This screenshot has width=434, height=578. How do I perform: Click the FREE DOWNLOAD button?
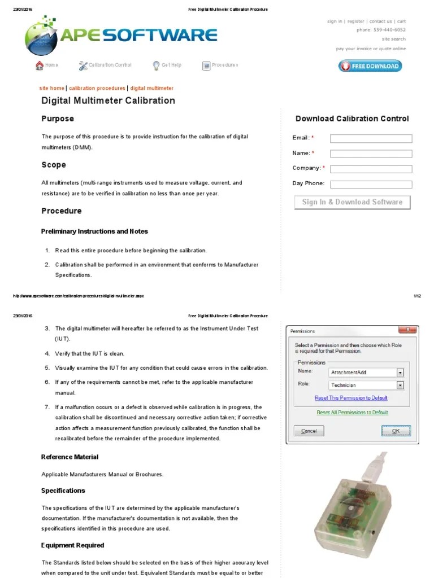pyautogui.click(x=371, y=66)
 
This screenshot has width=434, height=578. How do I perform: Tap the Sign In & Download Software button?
pyautogui.click(x=352, y=202)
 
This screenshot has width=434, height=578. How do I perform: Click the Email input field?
pyautogui.click(x=371, y=138)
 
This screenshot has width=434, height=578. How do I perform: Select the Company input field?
pyautogui.click(x=371, y=169)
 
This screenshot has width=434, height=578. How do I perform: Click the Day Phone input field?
pyautogui.click(x=371, y=184)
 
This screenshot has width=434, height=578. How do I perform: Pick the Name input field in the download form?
pyautogui.click(x=371, y=154)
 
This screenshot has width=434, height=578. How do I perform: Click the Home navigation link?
pyautogui.click(x=47, y=65)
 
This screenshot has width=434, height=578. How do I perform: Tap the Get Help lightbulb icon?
pyautogui.click(x=157, y=65)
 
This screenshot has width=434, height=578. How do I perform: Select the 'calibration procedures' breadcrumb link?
pyautogui.click(x=97, y=89)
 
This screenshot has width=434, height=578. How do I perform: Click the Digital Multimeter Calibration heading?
pyautogui.click(x=108, y=101)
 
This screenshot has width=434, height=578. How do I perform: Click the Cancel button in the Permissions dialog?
pyautogui.click(x=309, y=431)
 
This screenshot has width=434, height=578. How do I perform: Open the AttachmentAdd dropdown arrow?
pyautogui.click(x=400, y=373)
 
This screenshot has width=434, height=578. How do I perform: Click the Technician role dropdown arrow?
pyautogui.click(x=400, y=385)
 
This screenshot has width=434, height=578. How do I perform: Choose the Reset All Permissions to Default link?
pyautogui.click(x=353, y=413)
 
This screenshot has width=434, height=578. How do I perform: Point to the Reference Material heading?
pyautogui.click(x=70, y=457)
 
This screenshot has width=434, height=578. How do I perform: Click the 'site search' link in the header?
pyautogui.click(x=393, y=40)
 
